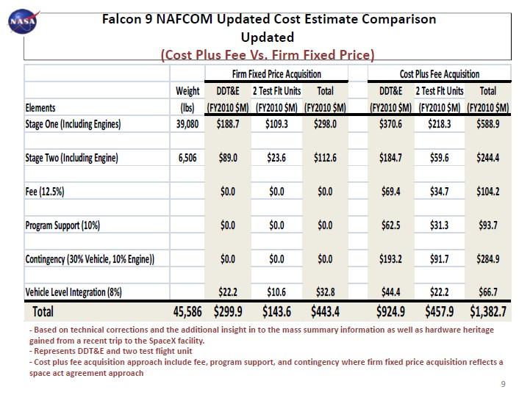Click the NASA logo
point(21,23)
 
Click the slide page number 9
point(504,384)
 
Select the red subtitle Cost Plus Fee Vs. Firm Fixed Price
point(268,54)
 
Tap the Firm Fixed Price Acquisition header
point(276,73)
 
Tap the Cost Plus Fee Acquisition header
point(439,73)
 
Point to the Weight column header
point(187,91)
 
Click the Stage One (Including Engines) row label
point(73,124)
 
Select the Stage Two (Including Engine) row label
point(71,158)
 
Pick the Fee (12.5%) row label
point(45,192)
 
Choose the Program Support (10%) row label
point(62,225)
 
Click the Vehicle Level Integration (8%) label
point(74,292)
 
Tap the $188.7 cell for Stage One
point(227,124)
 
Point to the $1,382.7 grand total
point(487,312)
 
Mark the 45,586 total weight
point(187,312)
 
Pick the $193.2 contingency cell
point(390,259)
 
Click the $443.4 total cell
point(325,312)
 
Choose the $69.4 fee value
point(390,192)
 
